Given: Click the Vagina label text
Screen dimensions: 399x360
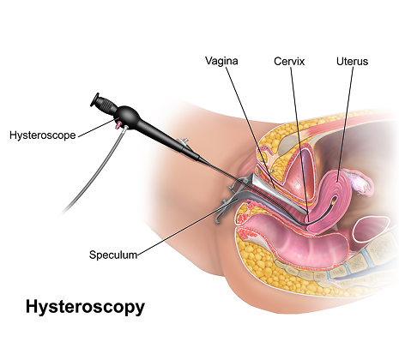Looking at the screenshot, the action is click(x=221, y=61).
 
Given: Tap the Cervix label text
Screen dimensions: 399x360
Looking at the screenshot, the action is click(x=289, y=62).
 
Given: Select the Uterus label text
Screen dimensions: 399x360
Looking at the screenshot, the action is click(x=352, y=62).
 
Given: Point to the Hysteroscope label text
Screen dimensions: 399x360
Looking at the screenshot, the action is click(x=43, y=135).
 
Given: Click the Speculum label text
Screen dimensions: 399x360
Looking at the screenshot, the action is click(x=113, y=255).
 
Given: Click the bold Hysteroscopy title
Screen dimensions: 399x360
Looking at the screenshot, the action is click(x=85, y=308).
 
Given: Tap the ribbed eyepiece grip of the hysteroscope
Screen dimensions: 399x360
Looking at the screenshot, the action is click(x=107, y=105).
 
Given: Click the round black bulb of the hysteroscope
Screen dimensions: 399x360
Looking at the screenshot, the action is click(x=129, y=116).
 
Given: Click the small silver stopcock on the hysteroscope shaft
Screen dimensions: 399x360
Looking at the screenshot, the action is click(x=184, y=141).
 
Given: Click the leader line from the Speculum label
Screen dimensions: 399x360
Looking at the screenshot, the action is click(x=187, y=227).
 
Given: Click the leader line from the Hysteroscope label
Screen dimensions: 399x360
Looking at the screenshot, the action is click(x=96, y=129).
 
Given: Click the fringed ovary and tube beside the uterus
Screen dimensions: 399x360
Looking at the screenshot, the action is click(x=359, y=183).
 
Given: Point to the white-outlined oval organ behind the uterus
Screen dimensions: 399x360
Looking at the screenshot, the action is click(x=371, y=229).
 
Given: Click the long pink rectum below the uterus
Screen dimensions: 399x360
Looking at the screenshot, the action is click(x=294, y=243).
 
